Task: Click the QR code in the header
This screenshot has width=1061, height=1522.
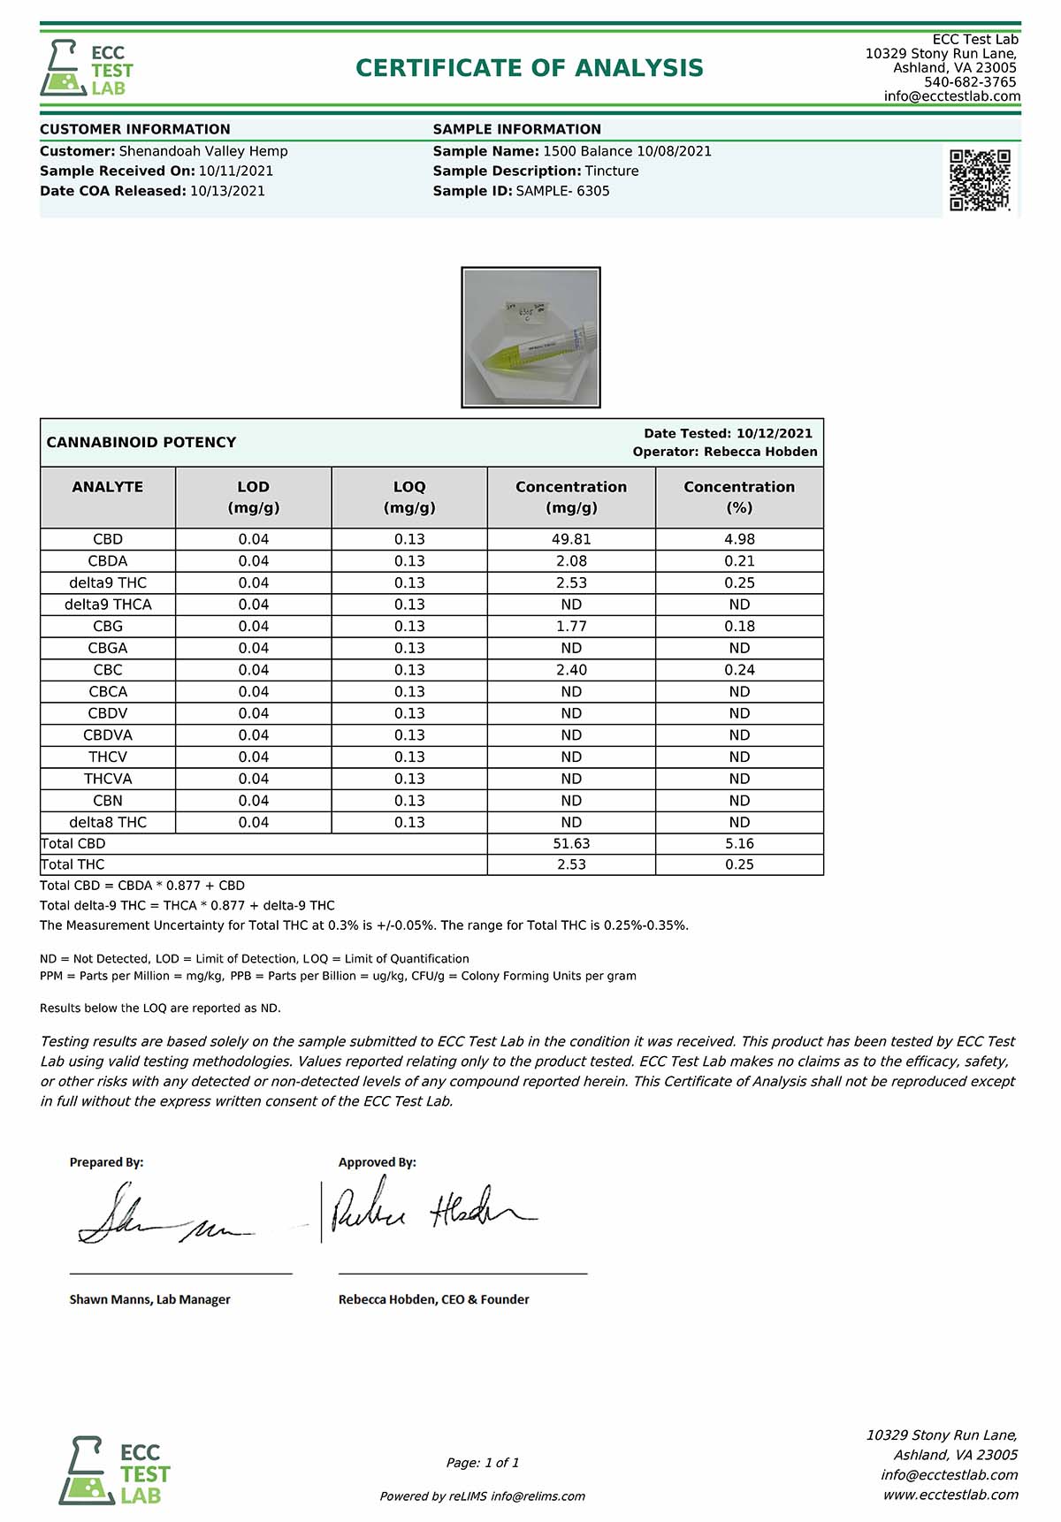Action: [980, 180]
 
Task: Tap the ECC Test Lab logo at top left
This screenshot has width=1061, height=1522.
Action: [87, 68]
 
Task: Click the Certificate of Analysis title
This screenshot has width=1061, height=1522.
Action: [529, 68]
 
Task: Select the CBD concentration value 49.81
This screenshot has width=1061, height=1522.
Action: [571, 539]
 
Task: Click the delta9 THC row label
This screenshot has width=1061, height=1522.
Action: [108, 582]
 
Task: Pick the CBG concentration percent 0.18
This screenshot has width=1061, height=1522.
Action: [739, 626]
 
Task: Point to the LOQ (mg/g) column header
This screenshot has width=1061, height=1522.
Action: [409, 498]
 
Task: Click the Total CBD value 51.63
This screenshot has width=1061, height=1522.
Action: [571, 844]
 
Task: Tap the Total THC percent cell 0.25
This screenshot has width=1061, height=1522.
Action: [739, 864]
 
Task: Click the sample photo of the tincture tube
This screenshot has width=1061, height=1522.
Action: [530, 338]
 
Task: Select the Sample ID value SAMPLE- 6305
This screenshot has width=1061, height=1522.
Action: [562, 191]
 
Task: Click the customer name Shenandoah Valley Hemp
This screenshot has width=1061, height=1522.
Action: [203, 151]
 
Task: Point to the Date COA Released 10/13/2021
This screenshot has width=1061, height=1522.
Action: [227, 191]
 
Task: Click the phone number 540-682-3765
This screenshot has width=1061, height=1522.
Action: [970, 82]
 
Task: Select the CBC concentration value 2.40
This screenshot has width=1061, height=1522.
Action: [571, 670]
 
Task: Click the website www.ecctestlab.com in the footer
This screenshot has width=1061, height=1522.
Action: [950, 1495]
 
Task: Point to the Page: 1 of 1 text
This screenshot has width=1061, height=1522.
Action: [483, 1463]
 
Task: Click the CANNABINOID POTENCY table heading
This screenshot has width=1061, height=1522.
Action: [141, 442]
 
